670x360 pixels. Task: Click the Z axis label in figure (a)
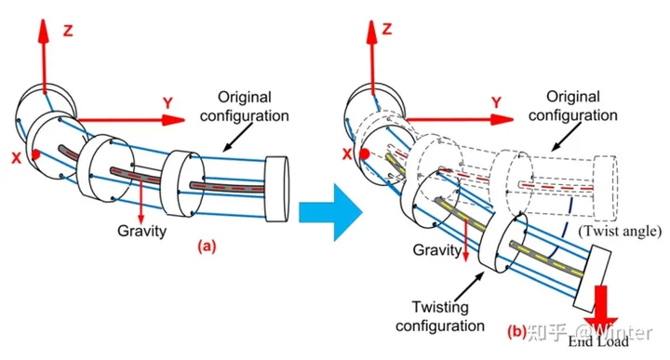pos(68,31)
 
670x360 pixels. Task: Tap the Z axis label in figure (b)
pos(387,29)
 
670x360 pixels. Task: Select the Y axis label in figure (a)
pos(167,103)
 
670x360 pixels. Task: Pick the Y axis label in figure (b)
pos(496,102)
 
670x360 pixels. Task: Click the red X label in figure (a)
pos(16,158)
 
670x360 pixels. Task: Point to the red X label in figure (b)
pos(347,153)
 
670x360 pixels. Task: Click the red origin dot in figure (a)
pos(36,154)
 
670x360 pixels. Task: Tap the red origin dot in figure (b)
pos(366,153)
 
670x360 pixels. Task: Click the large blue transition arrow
pos(330,212)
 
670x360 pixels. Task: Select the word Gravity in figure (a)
pos(141,231)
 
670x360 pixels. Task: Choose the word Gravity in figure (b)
pos(437,250)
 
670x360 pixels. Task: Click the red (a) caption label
pos(207,247)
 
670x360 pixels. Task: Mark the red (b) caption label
pos(516,331)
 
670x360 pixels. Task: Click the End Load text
pos(598,341)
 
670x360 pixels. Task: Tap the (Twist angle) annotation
pos(620,231)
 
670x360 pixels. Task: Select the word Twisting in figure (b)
pos(440,307)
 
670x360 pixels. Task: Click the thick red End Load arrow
pos(601,309)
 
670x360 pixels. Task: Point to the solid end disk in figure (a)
pos(277,189)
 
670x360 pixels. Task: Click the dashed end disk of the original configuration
pos(606,188)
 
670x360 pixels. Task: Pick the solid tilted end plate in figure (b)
pos(592,279)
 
